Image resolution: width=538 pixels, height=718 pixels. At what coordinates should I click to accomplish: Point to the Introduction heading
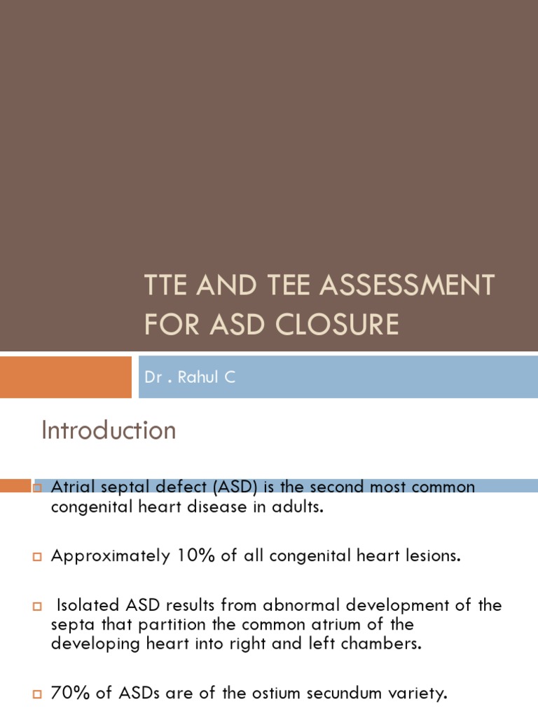click(109, 430)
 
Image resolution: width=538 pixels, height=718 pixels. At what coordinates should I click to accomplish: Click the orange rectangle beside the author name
click(65, 377)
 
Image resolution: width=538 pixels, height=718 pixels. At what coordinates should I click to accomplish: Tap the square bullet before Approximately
click(37, 557)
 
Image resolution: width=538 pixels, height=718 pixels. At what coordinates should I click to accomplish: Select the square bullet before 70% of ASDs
click(37, 695)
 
